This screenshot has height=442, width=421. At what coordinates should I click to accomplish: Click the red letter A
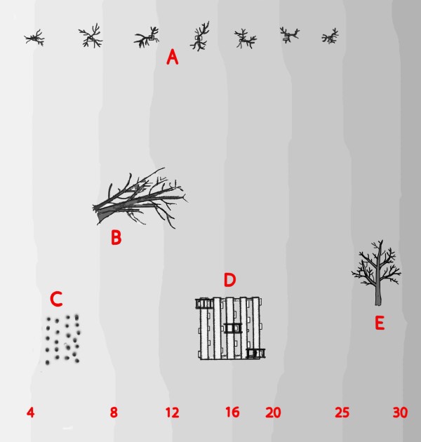[x=173, y=57]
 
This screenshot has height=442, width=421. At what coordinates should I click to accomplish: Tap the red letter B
[x=116, y=237]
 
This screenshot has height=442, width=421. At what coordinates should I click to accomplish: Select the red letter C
[x=56, y=299]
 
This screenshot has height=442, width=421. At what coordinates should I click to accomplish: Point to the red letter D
[x=230, y=280]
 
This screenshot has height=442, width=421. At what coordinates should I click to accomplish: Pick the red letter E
[x=380, y=323]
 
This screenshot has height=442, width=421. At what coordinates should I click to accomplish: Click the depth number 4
[x=30, y=413]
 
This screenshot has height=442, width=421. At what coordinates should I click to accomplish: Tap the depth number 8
[x=114, y=413]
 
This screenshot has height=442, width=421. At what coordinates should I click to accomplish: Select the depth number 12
[x=172, y=413]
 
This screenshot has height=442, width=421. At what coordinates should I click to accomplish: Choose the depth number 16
[x=232, y=412]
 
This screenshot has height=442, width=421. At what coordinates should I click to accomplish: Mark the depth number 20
[x=273, y=413]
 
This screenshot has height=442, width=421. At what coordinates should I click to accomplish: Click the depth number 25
[x=342, y=413]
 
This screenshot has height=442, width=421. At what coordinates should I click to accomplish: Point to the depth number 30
[x=400, y=413]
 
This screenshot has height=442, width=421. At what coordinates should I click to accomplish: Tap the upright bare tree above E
[x=377, y=272]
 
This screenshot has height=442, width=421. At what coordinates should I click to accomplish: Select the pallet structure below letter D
[x=230, y=328]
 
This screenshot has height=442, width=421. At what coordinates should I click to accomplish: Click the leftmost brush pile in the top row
[x=34, y=38]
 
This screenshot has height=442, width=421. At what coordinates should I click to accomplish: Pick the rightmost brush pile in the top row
[x=330, y=36]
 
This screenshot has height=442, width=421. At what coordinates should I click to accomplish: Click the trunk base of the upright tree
[x=378, y=303]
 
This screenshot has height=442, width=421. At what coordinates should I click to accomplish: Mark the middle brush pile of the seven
[x=200, y=36]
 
